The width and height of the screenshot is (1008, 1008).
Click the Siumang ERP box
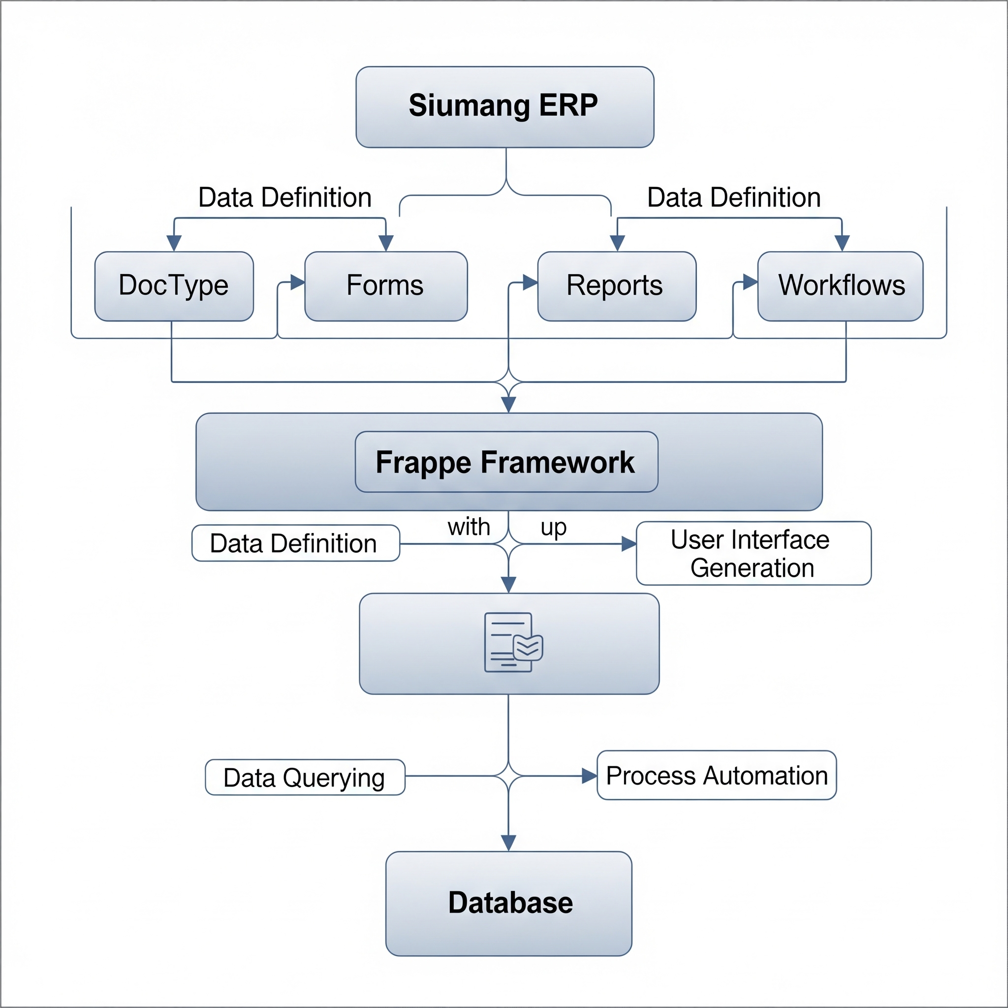click(x=504, y=107)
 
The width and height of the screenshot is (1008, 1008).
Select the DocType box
click(x=174, y=286)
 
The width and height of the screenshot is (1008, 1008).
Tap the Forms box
click(x=385, y=286)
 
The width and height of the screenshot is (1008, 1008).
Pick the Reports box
click(x=616, y=286)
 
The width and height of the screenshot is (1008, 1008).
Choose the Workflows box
click(x=840, y=286)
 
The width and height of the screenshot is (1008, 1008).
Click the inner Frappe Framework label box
click(x=506, y=462)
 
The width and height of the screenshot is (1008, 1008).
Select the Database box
click(x=509, y=903)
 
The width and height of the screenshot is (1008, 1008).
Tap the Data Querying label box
click(x=305, y=777)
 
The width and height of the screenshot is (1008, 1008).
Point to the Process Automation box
click(x=716, y=775)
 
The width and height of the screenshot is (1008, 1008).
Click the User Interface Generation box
click(x=754, y=553)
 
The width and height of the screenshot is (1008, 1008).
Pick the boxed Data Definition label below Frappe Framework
click(x=295, y=543)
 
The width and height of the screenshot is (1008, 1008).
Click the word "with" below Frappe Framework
click(x=469, y=527)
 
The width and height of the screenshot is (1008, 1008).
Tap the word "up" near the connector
click(x=553, y=527)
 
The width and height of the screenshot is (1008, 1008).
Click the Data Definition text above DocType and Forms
click(x=285, y=197)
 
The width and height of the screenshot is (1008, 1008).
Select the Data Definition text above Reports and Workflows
click(x=733, y=197)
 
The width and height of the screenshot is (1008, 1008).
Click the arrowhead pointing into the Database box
click(x=508, y=843)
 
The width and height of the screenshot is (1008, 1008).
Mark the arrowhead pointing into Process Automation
click(x=589, y=776)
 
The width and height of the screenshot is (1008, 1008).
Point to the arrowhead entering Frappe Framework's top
click(x=508, y=405)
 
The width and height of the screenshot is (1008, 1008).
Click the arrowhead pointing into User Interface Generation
click(x=629, y=544)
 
